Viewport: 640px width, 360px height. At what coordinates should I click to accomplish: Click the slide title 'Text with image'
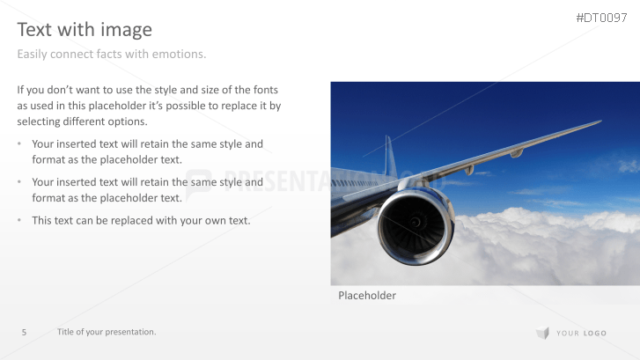85,30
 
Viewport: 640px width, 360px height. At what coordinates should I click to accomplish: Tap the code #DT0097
601,18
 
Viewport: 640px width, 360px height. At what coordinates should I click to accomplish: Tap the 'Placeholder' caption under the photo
367,296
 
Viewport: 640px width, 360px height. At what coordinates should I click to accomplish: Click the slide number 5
24,332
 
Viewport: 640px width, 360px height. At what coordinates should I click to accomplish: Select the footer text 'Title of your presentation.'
107,332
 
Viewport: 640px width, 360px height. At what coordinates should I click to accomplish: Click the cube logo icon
542,333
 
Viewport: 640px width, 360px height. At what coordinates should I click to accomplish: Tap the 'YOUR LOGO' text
582,333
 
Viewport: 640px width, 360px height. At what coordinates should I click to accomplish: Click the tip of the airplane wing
600,121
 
